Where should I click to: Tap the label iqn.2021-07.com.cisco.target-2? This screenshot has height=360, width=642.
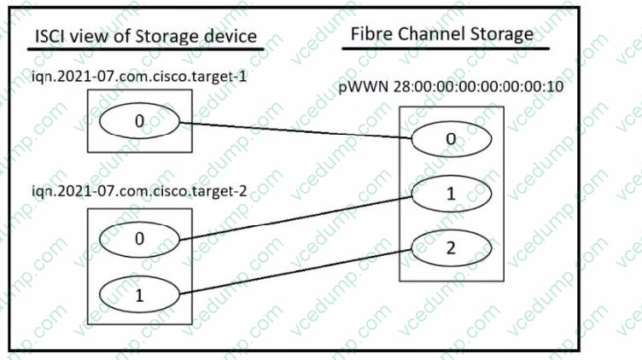click(125, 191)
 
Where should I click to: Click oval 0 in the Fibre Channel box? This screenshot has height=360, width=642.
click(451, 138)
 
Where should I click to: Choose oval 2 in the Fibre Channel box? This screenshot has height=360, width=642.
click(451, 249)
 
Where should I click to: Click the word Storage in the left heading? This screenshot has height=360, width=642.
click(175, 37)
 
